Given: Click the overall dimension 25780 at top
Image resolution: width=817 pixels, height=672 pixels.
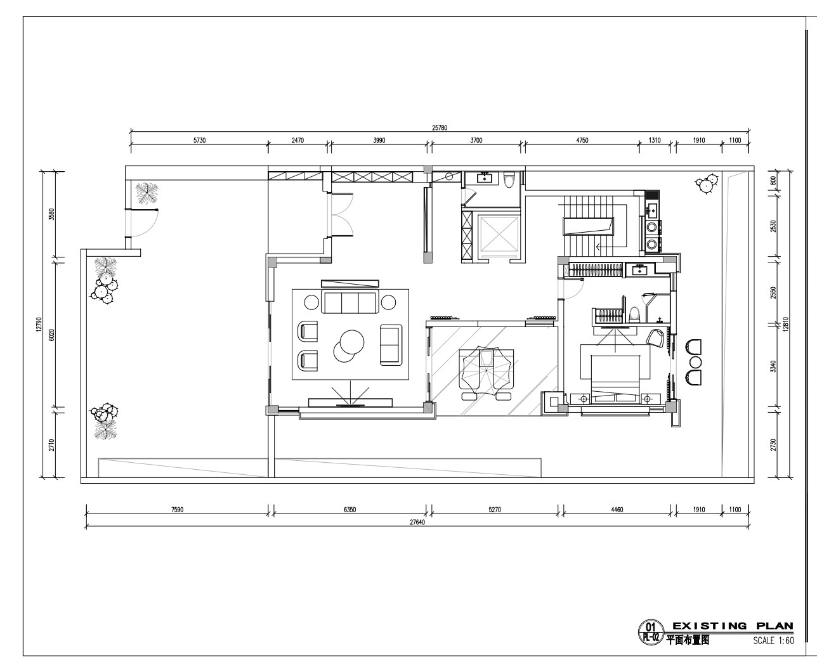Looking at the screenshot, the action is click(x=440, y=127).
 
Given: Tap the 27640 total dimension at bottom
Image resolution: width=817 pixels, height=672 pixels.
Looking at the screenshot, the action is click(x=417, y=522).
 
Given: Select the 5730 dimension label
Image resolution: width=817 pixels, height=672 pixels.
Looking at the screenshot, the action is click(x=200, y=140).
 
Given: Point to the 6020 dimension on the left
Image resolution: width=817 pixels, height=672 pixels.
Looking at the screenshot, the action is click(x=51, y=335).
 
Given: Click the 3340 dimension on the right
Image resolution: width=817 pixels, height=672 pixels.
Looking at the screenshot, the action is click(x=774, y=366).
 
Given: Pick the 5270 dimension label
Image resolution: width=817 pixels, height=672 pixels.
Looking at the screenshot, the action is click(x=495, y=510).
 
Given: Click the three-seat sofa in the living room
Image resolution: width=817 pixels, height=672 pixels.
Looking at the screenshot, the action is click(x=350, y=302).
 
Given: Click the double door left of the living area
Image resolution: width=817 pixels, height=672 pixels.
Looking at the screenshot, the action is click(x=340, y=215).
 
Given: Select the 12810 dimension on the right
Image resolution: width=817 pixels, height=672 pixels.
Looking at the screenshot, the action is click(x=785, y=325).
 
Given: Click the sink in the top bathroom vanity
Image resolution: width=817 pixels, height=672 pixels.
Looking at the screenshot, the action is click(x=484, y=179).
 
